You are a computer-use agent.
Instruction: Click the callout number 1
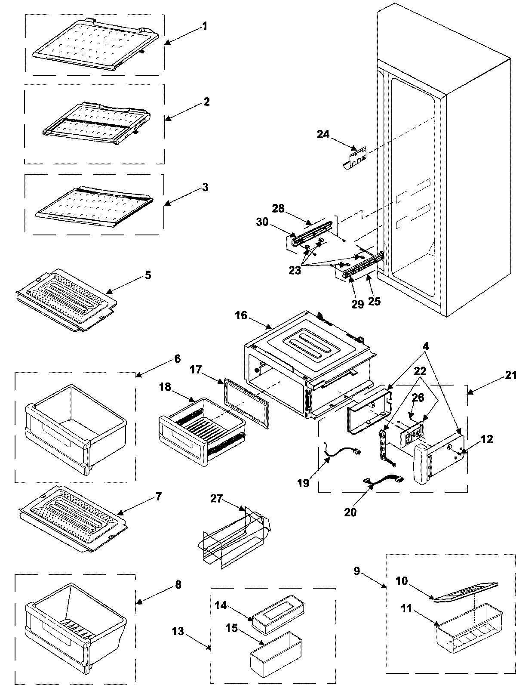(x=205, y=26)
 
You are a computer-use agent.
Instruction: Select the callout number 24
(x=323, y=135)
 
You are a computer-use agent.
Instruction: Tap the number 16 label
(x=241, y=315)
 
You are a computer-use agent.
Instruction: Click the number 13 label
(x=178, y=632)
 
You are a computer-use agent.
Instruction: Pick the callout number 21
(x=510, y=375)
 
